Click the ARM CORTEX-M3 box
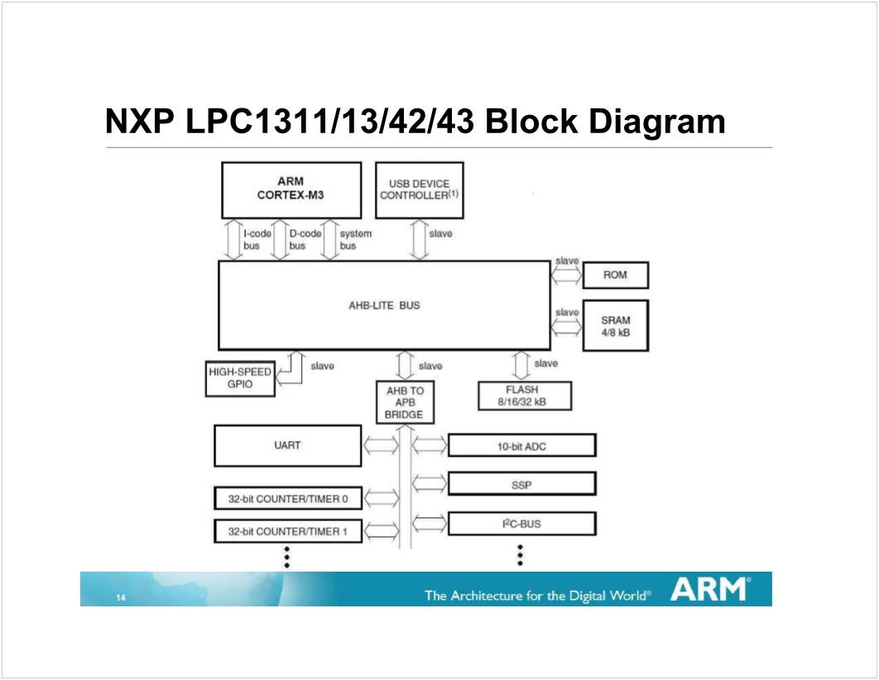pyautogui.click(x=291, y=189)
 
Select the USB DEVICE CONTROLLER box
pyautogui.click(x=420, y=189)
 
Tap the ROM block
pyautogui.click(x=615, y=275)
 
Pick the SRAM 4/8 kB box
pyautogui.click(x=615, y=326)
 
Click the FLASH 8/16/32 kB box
pyautogui.click(x=524, y=395)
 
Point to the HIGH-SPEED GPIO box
pyautogui.click(x=240, y=379)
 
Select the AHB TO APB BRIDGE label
pyautogui.click(x=404, y=402)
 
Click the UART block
pyautogui.click(x=287, y=445)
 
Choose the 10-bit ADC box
pyautogui.click(x=521, y=446)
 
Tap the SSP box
pyautogui.click(x=521, y=484)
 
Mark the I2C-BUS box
pyautogui.click(x=521, y=524)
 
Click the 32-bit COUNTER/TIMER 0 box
pyautogui.click(x=287, y=499)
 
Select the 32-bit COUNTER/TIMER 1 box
pyautogui.click(x=287, y=531)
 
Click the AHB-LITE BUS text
pyautogui.click(x=384, y=305)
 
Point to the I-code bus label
pyautogui.click(x=257, y=239)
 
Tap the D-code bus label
pyautogui.click(x=305, y=239)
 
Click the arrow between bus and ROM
pyautogui.click(x=566, y=275)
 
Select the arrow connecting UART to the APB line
pyautogui.click(x=381, y=445)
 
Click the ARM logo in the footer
pyautogui.click(x=710, y=590)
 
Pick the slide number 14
pyautogui.click(x=121, y=598)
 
